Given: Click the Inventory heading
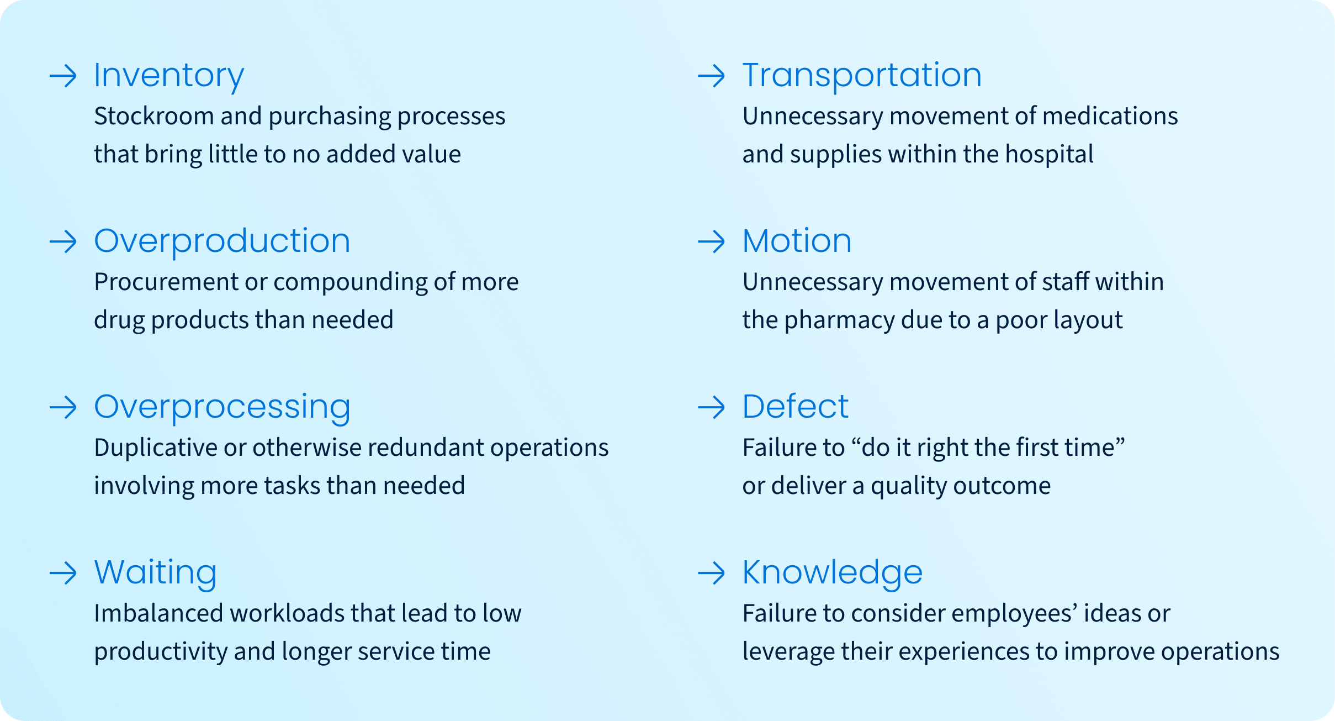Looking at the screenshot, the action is point(169,76).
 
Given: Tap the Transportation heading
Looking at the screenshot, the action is point(862,75).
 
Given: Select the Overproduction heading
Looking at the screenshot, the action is point(222,242).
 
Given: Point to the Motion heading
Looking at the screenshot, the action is point(797,241).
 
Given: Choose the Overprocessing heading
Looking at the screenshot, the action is point(222,408).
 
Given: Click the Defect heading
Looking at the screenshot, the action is point(795,407).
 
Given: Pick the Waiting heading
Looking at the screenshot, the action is point(155,573).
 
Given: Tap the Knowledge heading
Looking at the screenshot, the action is point(833,573).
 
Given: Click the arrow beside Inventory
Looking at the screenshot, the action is point(63,76).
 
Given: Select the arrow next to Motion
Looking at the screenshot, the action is point(711,241).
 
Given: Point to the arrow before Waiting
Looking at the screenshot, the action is point(63,573).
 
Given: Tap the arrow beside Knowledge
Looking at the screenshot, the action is point(711,573).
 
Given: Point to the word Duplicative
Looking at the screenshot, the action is point(156,448).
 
